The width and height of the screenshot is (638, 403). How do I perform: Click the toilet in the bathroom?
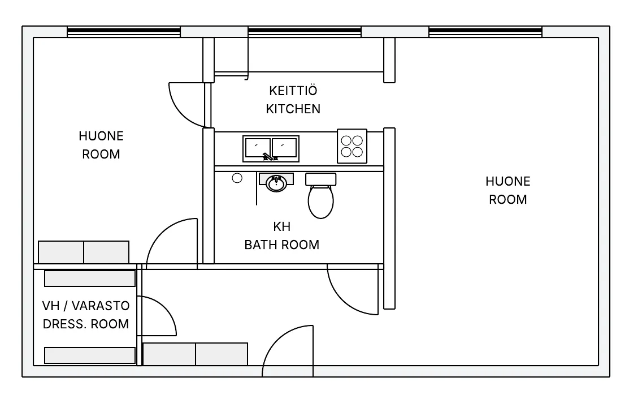click(x=320, y=195)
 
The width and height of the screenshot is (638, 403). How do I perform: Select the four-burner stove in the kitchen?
click(x=352, y=146)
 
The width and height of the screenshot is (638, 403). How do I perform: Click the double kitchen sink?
click(x=271, y=149)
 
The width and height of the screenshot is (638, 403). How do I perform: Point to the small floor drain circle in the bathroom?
click(x=237, y=178)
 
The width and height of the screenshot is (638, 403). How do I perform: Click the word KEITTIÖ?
click(x=293, y=90)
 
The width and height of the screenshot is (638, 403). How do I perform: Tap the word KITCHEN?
click(x=293, y=109)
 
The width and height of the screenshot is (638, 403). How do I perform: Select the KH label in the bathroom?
click(x=281, y=226)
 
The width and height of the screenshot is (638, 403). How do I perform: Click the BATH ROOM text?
click(x=281, y=245)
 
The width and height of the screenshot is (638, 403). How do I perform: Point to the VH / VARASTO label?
click(x=86, y=306)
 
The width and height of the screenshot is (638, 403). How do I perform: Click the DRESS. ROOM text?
click(x=86, y=324)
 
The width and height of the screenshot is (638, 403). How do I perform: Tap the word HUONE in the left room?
click(x=101, y=136)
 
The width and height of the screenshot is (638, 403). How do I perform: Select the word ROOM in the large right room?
click(x=508, y=199)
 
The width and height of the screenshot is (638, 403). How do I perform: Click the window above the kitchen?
click(x=305, y=32)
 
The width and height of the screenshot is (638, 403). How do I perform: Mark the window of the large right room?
click(x=485, y=32)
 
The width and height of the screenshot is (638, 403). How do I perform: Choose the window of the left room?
click(x=124, y=32)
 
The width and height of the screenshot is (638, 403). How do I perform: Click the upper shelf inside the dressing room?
click(x=89, y=278)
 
